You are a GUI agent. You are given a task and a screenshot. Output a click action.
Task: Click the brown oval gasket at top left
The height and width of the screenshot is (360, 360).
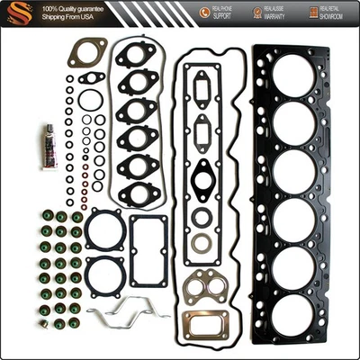click(x=87, y=51)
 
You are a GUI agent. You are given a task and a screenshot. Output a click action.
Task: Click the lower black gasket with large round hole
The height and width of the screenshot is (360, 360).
click(x=105, y=274)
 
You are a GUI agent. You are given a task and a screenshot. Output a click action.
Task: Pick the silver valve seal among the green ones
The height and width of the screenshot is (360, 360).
click(x=42, y=310)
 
